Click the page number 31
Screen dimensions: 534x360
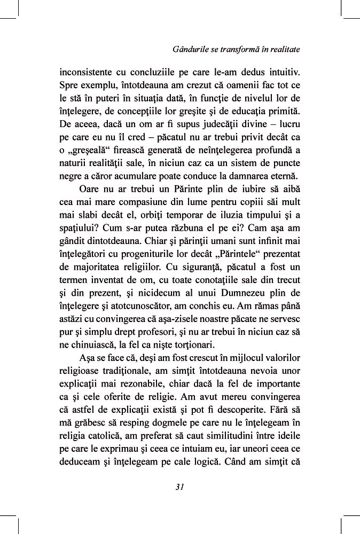click(x=179, y=486)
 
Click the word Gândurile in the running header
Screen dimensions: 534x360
click(x=191, y=49)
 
